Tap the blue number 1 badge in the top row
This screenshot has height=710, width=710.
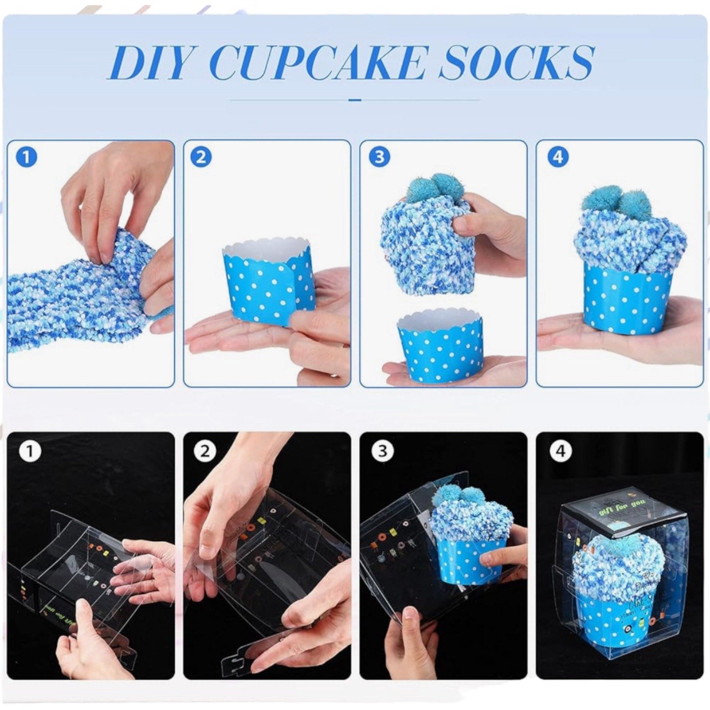[26, 158]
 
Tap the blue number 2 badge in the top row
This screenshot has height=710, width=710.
[201, 158]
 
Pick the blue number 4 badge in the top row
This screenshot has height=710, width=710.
[557, 158]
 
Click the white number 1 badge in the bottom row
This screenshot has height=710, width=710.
[30, 451]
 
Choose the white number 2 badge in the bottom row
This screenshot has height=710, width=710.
[205, 451]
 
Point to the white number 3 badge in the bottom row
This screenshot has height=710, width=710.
[382, 451]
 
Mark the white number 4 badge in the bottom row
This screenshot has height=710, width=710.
[560, 451]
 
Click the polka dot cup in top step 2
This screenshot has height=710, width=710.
[266, 284]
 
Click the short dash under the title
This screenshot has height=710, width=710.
[355, 100]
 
